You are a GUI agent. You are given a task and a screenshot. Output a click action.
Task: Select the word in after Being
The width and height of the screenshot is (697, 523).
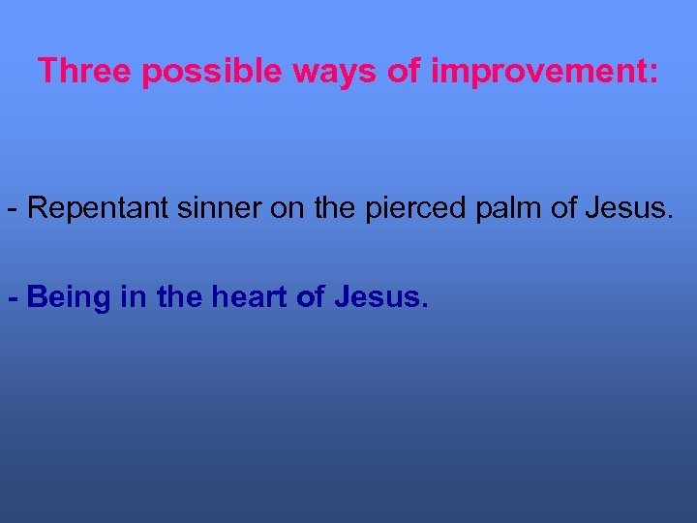point(134,297)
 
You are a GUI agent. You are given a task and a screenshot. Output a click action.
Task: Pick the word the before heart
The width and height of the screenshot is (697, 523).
point(177,297)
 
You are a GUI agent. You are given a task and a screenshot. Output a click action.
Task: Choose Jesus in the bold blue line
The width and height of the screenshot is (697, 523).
point(379,297)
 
